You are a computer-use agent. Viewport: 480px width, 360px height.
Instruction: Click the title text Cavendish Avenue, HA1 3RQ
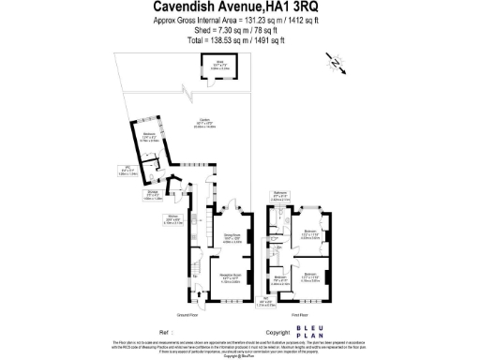pos(239,7)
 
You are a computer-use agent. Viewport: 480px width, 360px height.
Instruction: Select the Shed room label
pos(215,66)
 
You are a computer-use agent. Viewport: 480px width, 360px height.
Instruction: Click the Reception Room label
pos(232,279)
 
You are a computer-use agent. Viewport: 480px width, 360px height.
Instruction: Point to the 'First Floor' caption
pos(301,316)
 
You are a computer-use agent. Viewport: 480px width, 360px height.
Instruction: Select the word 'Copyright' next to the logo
pos(278,332)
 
